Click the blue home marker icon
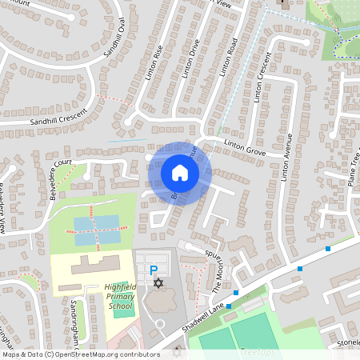pyautogui.click(x=179, y=173)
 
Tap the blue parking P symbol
pyautogui.click(x=154, y=271)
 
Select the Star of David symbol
pyautogui.click(x=158, y=284)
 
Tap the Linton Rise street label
pyautogui.click(x=158, y=69)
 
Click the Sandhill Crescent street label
pyautogui.click(x=56, y=121)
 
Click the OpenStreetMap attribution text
pyautogui.click(x=80, y=354)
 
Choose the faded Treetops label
pyautogui.click(x=256, y=352)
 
